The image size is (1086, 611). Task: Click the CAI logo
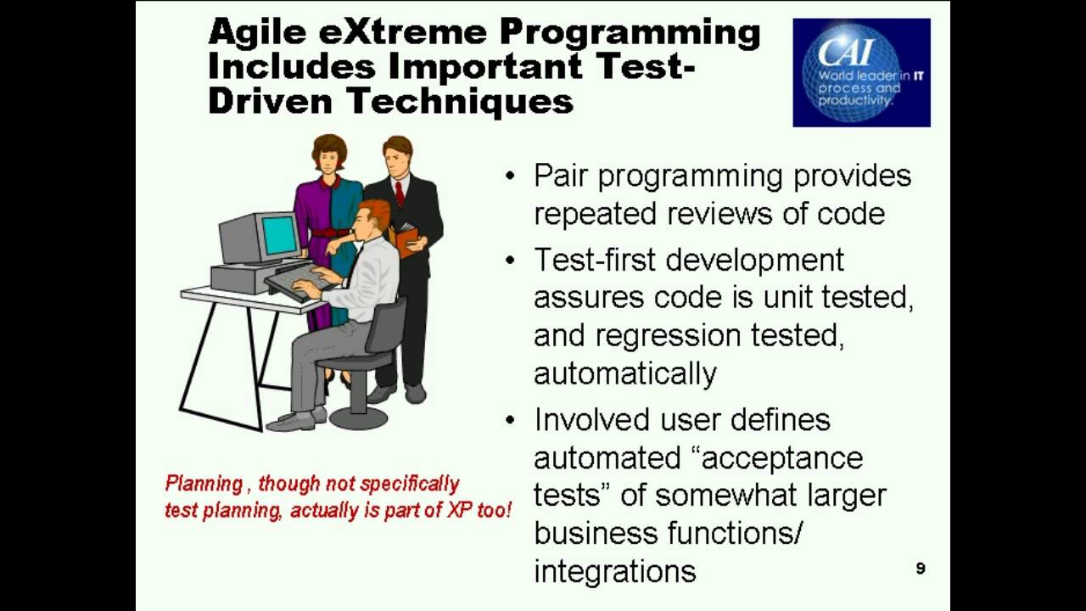[861, 72]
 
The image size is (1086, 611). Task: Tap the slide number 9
[921, 569]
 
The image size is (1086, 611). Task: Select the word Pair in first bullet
[562, 176]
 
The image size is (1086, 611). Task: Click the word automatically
[625, 373]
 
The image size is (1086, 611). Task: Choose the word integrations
[614, 571]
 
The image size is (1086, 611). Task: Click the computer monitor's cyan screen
[279, 235]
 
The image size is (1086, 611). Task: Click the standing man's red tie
[400, 193]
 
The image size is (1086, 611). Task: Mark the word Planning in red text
[204, 484]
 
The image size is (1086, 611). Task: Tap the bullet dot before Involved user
[509, 420]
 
